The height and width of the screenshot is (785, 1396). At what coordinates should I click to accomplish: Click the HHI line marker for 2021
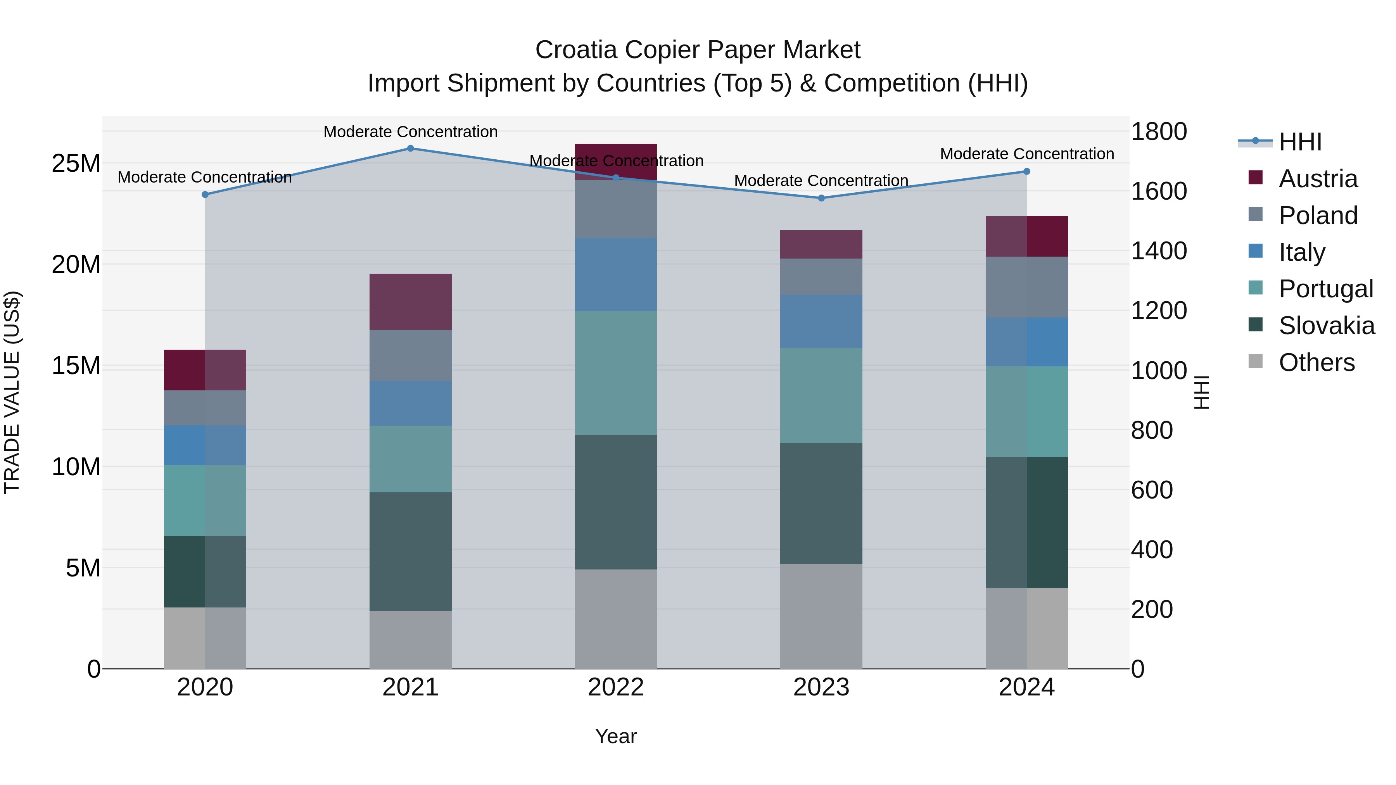[x=410, y=148]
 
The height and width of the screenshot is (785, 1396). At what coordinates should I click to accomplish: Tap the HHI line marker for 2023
[x=821, y=198]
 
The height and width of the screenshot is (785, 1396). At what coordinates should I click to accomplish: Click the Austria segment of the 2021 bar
[x=410, y=302]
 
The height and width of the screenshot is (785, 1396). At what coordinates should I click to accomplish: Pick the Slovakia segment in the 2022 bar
[x=616, y=502]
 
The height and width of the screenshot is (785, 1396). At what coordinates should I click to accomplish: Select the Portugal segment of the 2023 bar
[x=821, y=395]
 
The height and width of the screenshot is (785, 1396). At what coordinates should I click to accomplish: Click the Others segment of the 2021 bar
[x=410, y=639]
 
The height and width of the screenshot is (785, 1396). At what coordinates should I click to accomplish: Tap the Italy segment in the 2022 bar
[x=616, y=275]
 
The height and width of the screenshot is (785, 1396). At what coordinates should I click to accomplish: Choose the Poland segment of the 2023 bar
[x=821, y=277]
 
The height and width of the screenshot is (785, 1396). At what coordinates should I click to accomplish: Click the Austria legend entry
[x=1317, y=179]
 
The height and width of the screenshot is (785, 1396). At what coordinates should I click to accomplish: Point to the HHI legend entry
[x=1299, y=142]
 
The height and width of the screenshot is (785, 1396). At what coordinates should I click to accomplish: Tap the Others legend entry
[x=1316, y=362]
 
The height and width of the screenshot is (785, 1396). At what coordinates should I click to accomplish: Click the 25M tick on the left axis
[x=76, y=164]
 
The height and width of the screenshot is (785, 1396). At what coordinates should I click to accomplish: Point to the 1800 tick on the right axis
[x=1159, y=132]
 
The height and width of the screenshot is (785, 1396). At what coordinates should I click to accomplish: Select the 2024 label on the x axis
[x=1026, y=687]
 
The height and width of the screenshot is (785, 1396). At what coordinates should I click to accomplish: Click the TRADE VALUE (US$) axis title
[x=12, y=392]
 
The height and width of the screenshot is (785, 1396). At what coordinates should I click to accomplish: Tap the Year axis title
[x=616, y=736]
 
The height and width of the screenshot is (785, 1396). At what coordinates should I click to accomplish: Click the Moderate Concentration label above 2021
[x=410, y=132]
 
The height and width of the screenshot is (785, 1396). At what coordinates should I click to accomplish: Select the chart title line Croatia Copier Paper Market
[x=698, y=50]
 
